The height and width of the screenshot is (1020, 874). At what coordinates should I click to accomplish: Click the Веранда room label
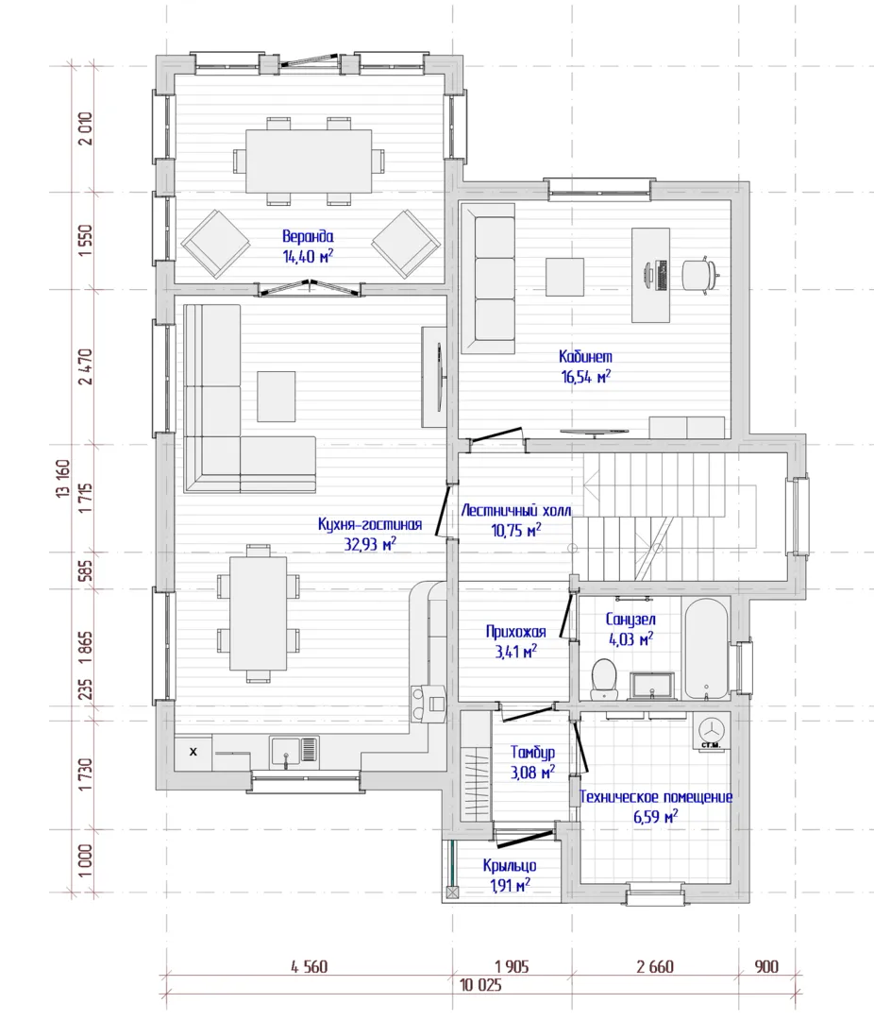coord(308,236)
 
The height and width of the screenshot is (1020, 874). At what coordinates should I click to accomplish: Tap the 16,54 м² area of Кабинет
coord(586,376)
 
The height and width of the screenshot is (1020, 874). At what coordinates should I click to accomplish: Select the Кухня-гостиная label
coord(370,524)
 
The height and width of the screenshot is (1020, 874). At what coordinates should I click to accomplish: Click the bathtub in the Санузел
coord(707,649)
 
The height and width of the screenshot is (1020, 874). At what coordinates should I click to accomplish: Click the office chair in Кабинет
coord(699,275)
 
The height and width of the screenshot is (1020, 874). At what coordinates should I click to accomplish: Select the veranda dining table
coord(309,161)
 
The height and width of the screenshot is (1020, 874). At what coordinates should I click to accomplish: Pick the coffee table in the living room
coord(276,396)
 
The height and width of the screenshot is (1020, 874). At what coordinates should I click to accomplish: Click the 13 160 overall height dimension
coord(63,479)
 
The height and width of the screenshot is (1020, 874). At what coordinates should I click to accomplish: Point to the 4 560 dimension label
coord(310,967)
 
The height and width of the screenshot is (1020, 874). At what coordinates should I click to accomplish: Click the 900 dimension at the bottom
coord(766,967)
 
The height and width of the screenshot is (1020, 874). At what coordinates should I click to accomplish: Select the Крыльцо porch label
coord(510,865)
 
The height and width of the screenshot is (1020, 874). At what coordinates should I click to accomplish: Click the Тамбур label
coord(532,753)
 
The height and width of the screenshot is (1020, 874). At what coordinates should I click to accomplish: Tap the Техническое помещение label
coord(655,797)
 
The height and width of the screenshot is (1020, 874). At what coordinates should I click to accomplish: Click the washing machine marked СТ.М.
coord(711,731)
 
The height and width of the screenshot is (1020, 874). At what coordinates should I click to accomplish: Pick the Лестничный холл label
coord(516,511)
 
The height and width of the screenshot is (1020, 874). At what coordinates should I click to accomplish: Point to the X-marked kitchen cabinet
coord(193,752)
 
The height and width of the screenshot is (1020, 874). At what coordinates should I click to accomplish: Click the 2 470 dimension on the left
coord(85,366)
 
